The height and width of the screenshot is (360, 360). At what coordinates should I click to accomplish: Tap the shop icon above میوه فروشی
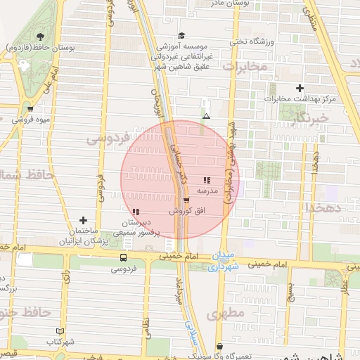click(30, 109)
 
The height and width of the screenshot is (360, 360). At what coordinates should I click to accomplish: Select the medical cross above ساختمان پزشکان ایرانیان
click(84, 221)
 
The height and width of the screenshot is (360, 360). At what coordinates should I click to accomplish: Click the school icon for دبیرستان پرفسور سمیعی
click(135, 212)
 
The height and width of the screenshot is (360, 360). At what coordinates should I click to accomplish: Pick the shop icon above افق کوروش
click(186, 200)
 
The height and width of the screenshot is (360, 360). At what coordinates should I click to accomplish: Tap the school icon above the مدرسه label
click(207, 181)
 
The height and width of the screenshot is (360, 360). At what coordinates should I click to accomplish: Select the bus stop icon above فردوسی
click(124, 258)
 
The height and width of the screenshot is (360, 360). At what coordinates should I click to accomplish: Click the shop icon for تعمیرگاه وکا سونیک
click(220, 347)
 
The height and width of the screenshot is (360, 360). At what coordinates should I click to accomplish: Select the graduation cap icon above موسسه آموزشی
click(181, 35)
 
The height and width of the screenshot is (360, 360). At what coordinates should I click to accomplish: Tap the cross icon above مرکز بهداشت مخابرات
click(300, 89)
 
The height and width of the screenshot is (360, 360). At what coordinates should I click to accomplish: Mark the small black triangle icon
click(206, 116)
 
